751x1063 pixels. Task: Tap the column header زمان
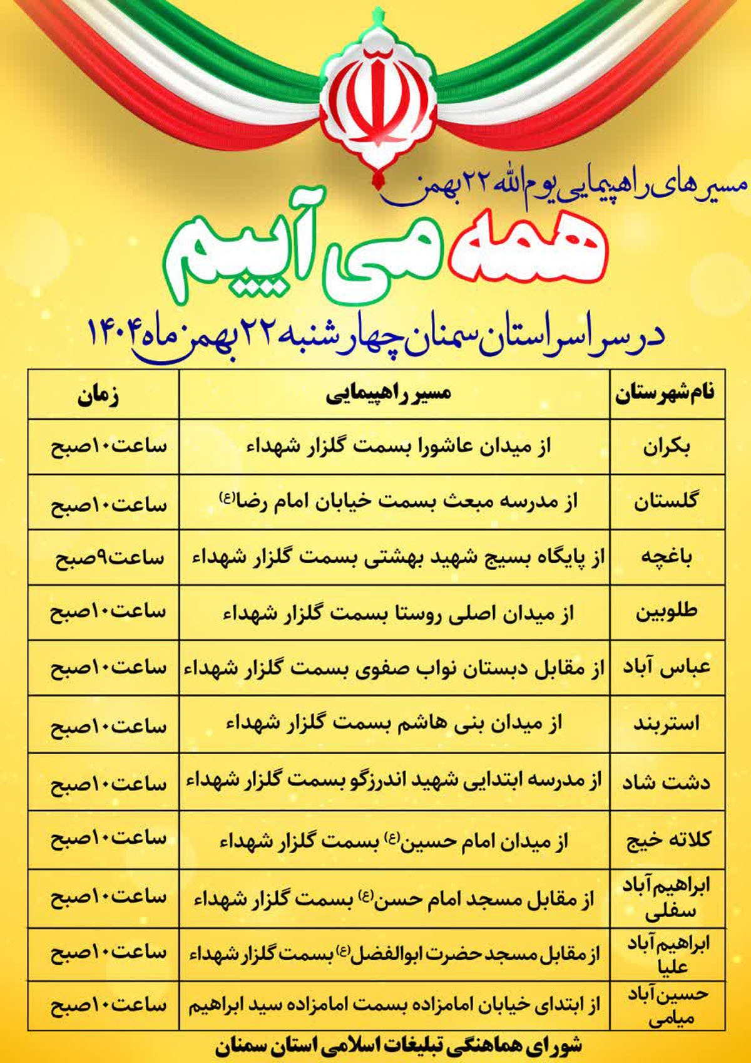[98, 397]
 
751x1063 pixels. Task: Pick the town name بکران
[667, 448]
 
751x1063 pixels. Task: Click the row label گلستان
[666, 502]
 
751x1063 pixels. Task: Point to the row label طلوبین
[666, 612]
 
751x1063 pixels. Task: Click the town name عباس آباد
[666, 667]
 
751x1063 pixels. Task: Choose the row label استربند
[666, 724]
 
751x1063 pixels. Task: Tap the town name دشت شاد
[666, 782]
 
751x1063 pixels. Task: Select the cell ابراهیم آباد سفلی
[667, 898]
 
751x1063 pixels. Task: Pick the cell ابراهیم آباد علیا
[667, 955]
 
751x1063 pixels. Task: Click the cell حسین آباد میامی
[667, 1007]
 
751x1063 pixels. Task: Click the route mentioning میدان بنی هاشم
[394, 724]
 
